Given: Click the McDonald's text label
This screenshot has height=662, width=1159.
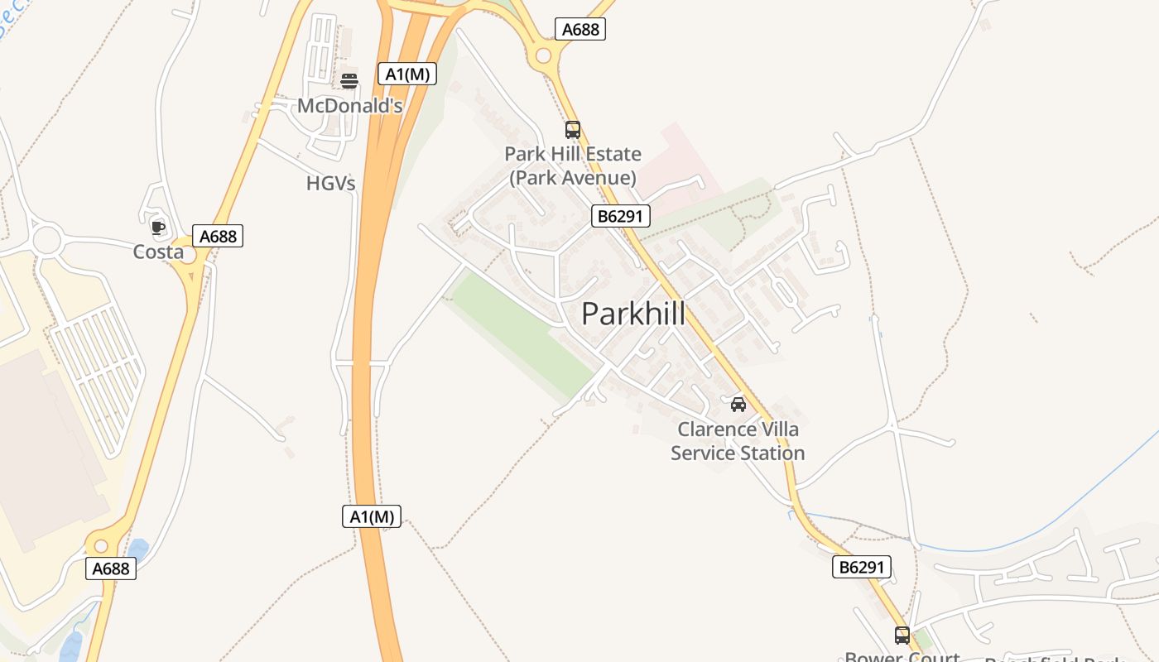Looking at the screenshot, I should (x=349, y=106).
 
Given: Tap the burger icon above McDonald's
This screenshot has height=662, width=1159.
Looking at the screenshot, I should (x=349, y=80).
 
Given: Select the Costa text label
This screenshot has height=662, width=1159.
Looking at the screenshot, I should (x=158, y=252).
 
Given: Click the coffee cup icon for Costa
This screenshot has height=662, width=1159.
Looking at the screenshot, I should (x=158, y=227).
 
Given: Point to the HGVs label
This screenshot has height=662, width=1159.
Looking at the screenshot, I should (x=330, y=183).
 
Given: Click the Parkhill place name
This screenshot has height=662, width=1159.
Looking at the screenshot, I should (x=633, y=314).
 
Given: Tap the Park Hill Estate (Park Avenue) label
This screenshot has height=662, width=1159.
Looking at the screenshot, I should (x=573, y=165).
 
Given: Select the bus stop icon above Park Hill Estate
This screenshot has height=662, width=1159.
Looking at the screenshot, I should (x=572, y=130).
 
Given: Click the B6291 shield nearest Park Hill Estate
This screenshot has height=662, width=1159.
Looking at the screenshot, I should (x=621, y=217).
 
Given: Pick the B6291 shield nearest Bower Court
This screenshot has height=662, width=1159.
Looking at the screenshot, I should (x=862, y=567).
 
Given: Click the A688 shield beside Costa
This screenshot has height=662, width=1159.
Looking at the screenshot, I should (x=219, y=236).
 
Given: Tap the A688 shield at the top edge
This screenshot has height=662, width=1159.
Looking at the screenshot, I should (x=580, y=29).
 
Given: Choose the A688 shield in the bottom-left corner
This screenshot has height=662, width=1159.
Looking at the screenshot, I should (x=111, y=568).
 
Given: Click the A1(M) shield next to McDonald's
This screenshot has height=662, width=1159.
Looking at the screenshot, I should (x=407, y=74).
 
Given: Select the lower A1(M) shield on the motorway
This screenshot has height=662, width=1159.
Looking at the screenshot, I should (x=372, y=516).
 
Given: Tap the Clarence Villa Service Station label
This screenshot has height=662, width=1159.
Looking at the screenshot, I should (x=738, y=441).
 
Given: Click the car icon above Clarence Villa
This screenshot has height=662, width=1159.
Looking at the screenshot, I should (x=738, y=404).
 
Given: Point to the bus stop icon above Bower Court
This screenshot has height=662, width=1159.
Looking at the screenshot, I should (x=902, y=636).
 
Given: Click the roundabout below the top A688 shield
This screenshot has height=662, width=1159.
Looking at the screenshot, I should (x=543, y=56).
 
